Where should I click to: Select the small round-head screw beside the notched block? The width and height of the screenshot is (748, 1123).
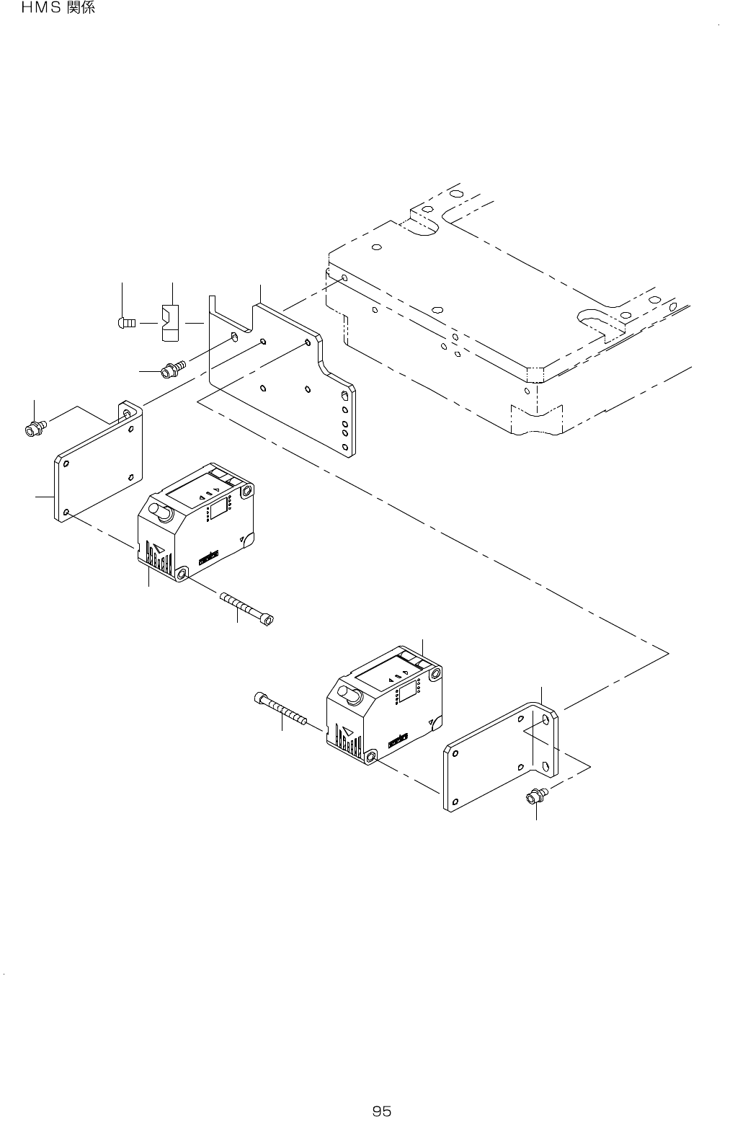pyautogui.click(x=126, y=323)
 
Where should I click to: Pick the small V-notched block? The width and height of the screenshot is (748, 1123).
pyautogui.click(x=169, y=323)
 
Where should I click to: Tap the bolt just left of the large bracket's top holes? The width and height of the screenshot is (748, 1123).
pyautogui.click(x=173, y=368)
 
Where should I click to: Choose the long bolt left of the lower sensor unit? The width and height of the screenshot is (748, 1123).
pyautogui.click(x=281, y=709)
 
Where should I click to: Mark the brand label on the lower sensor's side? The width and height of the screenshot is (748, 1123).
pyautogui.click(x=398, y=739)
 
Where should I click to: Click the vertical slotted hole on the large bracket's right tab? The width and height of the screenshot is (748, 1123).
pyautogui.click(x=344, y=397)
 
